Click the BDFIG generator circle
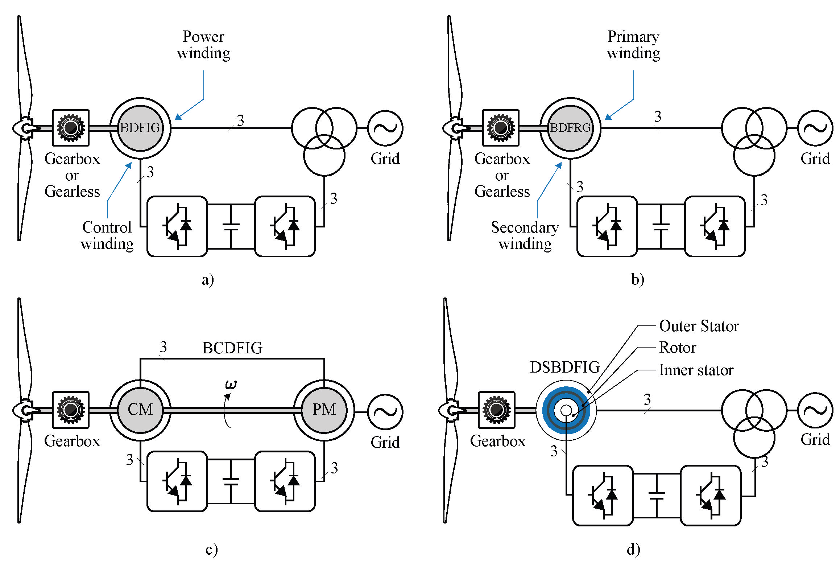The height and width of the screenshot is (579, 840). tap(140, 128)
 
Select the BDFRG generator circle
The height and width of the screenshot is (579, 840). tap(570, 128)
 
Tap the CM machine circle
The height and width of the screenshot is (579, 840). tap(140, 410)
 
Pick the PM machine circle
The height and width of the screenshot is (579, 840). tap(324, 410)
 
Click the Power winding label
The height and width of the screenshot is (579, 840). tap(204, 45)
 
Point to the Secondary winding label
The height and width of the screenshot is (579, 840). tap(525, 235)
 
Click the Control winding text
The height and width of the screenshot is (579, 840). tap(107, 235)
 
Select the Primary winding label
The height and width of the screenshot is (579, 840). tap(633, 45)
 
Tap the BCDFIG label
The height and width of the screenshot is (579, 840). tap(232, 348)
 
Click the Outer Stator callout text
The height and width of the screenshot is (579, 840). tap(699, 326)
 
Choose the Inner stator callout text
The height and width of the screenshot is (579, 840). tap(696, 370)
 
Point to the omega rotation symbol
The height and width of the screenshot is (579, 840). tap(231, 385)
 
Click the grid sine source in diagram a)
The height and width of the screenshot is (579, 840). tap(385, 128)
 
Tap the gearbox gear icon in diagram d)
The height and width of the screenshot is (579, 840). tap(496, 410)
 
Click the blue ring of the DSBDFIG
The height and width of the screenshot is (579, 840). tap(548, 410)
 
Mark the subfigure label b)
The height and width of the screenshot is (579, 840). tap(637, 280)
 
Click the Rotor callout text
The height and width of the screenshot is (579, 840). tap(677, 348)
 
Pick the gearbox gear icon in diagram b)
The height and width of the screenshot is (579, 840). tap(501, 128)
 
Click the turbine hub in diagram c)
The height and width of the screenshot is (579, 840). tap(25, 410)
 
